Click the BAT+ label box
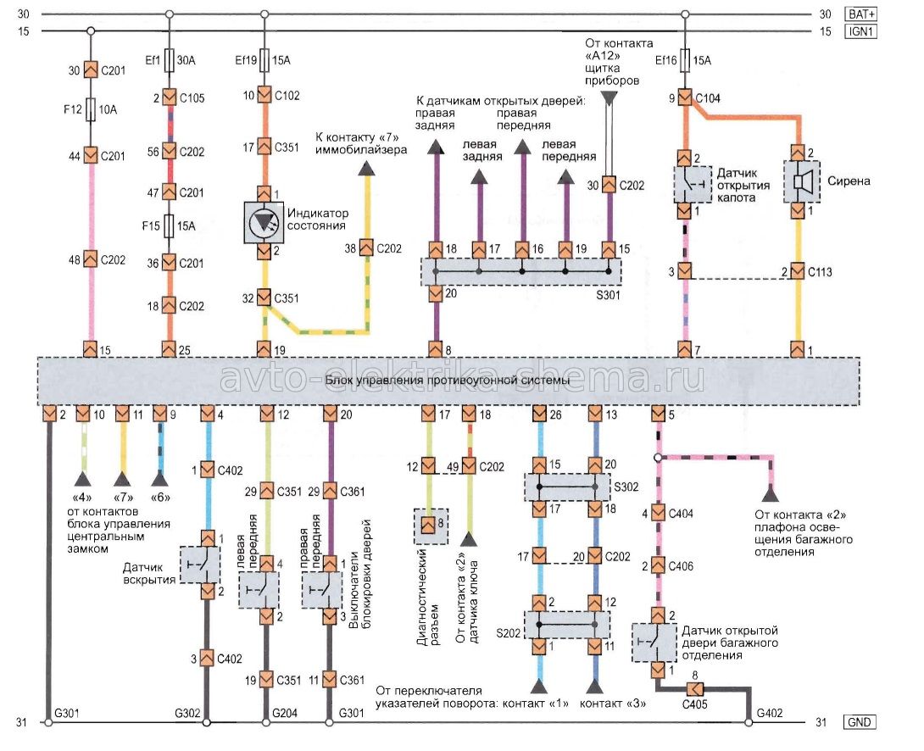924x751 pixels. coord(861,14)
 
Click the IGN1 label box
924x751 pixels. coord(861,32)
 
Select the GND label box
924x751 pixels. coord(861,723)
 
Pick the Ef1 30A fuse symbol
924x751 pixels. coord(169,61)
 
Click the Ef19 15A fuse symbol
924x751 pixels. coord(264,61)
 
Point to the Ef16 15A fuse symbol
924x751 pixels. coord(685,61)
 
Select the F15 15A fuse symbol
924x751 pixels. coord(169,227)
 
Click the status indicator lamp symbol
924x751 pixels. coord(264,220)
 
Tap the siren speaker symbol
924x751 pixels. coord(798,181)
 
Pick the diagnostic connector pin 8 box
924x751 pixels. coord(429,524)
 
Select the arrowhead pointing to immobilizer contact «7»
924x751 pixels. coord(366,170)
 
